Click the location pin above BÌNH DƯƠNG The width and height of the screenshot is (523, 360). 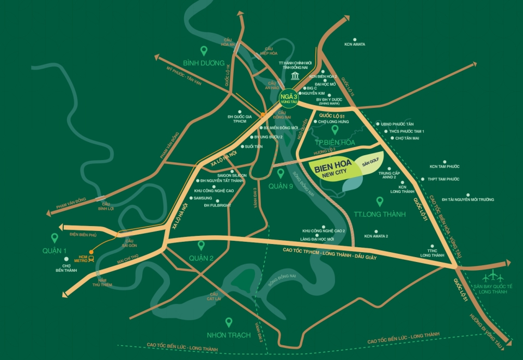point(204,51)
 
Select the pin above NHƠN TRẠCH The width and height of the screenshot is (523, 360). point(229,322)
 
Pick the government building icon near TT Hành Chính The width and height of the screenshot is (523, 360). point(295,75)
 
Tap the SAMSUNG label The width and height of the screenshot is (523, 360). point(203,198)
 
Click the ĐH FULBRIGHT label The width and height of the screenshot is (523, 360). point(217,206)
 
